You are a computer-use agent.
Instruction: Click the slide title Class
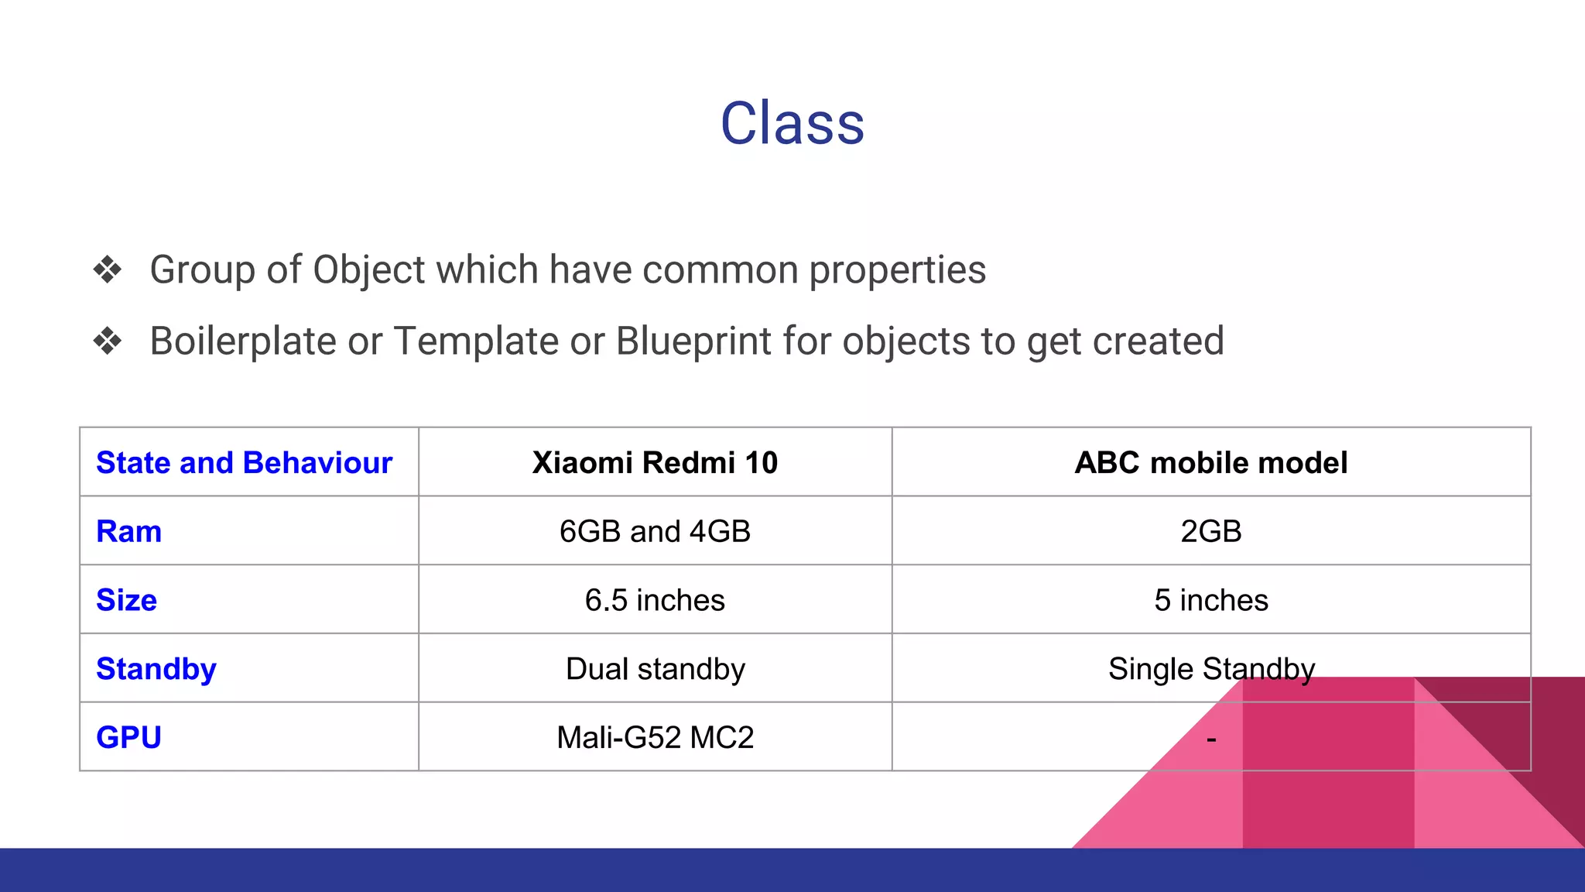(x=792, y=124)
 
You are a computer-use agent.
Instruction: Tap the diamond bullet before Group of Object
(x=108, y=270)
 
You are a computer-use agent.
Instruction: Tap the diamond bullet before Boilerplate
(x=108, y=341)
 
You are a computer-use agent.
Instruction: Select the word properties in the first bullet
(x=897, y=270)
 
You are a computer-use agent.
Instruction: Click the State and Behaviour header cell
(x=244, y=463)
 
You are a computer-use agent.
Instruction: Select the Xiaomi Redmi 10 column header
(x=655, y=463)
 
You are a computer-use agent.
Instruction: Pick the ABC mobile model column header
(x=1210, y=463)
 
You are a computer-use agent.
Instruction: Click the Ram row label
(x=128, y=532)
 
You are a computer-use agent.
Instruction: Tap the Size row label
(x=126, y=601)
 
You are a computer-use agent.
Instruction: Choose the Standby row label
(x=156, y=669)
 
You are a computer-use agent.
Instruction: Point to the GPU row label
(x=128, y=738)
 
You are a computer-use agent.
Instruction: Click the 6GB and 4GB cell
(x=655, y=532)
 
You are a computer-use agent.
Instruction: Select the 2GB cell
(x=1210, y=532)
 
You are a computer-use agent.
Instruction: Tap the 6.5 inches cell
(x=655, y=601)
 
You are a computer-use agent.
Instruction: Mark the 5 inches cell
(x=1210, y=601)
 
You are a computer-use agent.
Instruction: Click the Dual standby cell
(x=655, y=669)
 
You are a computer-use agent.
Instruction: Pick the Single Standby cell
(x=1210, y=669)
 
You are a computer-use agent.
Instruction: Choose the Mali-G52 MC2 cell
(x=655, y=738)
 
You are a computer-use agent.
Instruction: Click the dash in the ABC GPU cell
(x=1211, y=740)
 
